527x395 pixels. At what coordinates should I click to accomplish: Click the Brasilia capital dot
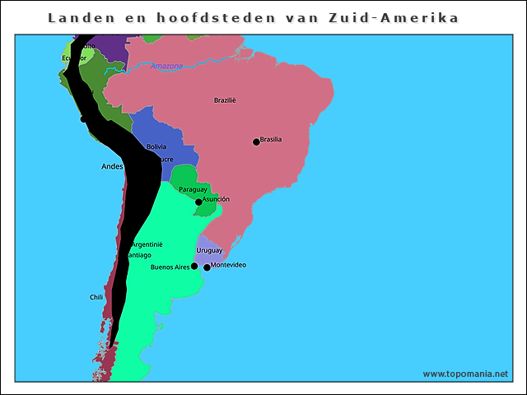(x=256, y=142)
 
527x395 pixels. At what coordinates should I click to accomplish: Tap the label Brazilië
(x=225, y=100)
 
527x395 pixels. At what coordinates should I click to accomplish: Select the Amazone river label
(x=166, y=66)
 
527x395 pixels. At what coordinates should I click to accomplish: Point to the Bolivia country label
(x=156, y=146)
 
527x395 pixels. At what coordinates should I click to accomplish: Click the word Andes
(x=111, y=166)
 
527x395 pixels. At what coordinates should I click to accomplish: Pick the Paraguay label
(x=193, y=189)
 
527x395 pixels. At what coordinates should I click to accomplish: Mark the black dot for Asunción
(x=198, y=202)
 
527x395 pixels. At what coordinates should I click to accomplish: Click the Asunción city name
(x=216, y=199)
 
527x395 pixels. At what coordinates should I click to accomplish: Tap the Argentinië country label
(x=147, y=244)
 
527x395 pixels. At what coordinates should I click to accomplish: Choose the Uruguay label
(x=209, y=250)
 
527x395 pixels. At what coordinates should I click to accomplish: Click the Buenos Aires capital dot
(x=194, y=266)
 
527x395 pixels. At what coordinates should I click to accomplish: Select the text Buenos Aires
(x=170, y=267)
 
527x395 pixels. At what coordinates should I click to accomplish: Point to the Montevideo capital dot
(x=207, y=267)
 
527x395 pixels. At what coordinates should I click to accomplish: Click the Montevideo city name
(x=228, y=265)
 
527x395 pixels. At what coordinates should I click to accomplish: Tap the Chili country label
(x=96, y=297)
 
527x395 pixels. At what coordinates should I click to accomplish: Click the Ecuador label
(x=74, y=58)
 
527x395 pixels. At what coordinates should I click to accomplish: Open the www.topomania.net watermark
(x=465, y=374)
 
